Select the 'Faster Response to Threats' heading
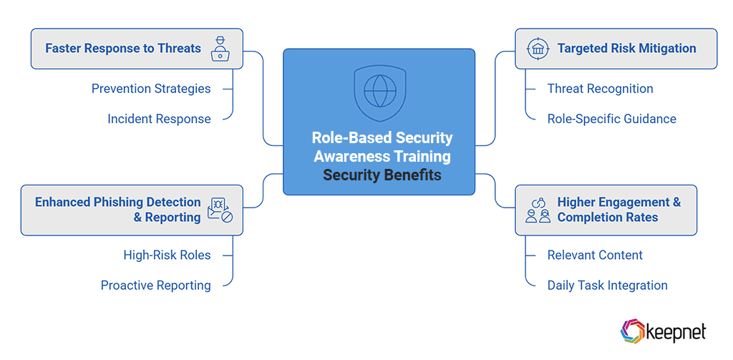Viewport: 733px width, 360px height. [123, 49]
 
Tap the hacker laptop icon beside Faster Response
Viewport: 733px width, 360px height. [220, 49]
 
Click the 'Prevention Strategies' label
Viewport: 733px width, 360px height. [151, 89]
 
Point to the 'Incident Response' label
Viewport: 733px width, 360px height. [159, 119]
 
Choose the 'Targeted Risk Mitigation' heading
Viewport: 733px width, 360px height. [626, 49]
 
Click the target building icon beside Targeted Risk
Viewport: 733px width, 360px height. [538, 49]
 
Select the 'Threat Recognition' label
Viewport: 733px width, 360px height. [600, 89]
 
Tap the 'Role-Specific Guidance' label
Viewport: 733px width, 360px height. [611, 119]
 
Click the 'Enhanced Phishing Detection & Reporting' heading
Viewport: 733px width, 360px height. [118, 210]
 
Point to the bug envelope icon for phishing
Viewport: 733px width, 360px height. [220, 210]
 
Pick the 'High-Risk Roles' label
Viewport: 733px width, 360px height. [167, 255]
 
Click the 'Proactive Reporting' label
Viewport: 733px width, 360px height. [155, 285]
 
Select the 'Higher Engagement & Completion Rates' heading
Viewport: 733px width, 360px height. [618, 210]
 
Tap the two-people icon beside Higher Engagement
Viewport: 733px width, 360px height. [538, 210]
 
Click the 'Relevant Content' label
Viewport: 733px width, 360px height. [595, 255]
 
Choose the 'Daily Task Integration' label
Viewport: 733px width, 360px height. [607, 285]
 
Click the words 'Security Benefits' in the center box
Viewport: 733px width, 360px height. [382, 175]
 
